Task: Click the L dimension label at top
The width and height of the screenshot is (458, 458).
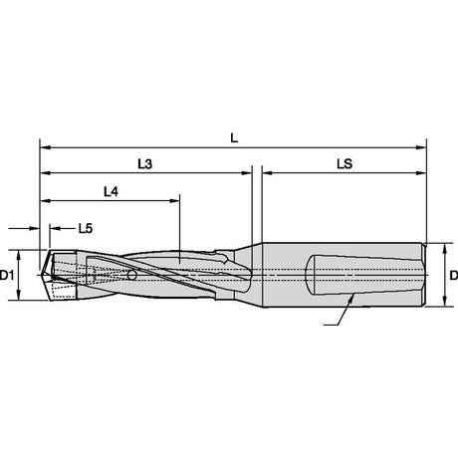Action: tap(234, 137)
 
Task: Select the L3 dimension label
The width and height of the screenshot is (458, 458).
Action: tap(145, 163)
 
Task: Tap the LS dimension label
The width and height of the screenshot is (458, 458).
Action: tap(344, 163)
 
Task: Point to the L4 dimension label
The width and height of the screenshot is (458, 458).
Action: tap(111, 191)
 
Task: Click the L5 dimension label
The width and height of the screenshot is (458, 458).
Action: tap(86, 228)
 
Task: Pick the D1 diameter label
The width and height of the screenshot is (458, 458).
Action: tap(7, 275)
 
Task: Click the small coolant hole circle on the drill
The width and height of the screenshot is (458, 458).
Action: tap(132, 275)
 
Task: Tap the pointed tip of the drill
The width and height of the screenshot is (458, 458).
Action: tap(41, 275)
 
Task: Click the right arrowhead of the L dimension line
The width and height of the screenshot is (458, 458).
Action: tap(421, 147)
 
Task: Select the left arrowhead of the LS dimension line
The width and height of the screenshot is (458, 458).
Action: tap(268, 173)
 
